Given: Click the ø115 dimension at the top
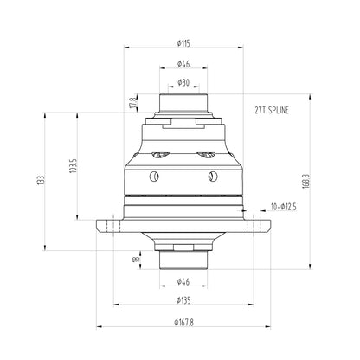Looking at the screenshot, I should [183, 42].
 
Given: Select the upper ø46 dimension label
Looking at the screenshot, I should [183, 63].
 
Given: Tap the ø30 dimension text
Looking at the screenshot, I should [183, 82].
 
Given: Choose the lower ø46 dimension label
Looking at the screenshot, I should [183, 281].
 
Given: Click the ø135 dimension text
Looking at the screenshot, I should [183, 300].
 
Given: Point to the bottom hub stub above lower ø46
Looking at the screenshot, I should [183, 258].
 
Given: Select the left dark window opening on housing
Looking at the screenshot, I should [158, 157].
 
